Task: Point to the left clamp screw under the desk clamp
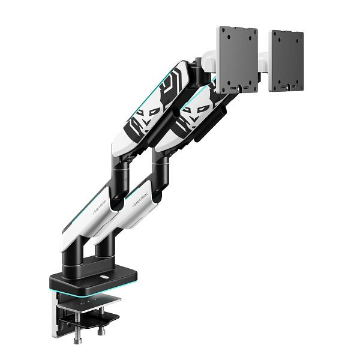pyautogui.click(x=79, y=333)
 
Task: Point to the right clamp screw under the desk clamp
pyautogui.click(x=100, y=328)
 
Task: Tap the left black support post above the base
pyautogui.click(x=80, y=249)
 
